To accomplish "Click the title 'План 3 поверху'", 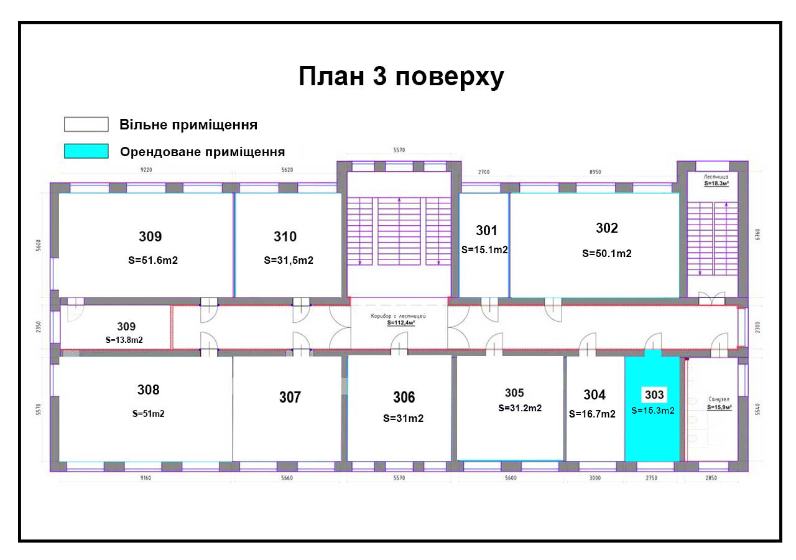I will click(401, 77).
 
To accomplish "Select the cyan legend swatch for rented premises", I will click(86, 151).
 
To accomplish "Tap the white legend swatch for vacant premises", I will click(86, 124).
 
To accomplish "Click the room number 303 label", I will click(654, 394).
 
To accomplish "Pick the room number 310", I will click(285, 236).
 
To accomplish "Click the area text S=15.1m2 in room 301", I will click(485, 250).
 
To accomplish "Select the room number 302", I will click(607, 228).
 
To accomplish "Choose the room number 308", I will click(148, 390).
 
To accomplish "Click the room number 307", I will click(290, 397).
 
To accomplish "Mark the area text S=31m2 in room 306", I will click(403, 418).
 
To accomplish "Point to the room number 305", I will click(514, 393).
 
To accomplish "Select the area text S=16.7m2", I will click(593, 414).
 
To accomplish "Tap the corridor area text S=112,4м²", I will click(398, 323).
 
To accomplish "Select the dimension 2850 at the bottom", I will click(711, 478).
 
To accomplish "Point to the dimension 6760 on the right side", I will click(757, 235).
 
